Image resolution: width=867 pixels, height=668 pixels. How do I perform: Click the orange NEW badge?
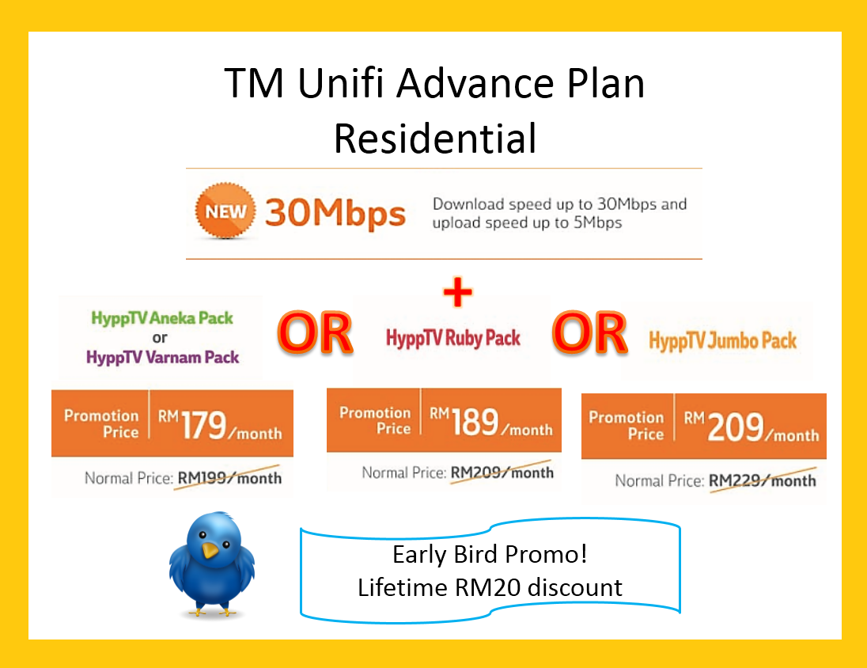coord(225,211)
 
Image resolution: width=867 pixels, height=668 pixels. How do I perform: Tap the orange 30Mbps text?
coord(335,214)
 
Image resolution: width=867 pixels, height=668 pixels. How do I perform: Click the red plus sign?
coord(458,291)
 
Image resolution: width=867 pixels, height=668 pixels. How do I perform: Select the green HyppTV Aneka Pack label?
coord(162,318)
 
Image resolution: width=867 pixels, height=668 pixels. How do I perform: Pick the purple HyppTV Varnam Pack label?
coord(163,358)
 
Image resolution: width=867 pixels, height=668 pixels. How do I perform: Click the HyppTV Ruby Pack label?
coord(452,338)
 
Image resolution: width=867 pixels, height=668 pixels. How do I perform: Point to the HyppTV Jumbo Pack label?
coord(723,341)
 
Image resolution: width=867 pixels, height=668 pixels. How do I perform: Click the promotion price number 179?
coord(203,425)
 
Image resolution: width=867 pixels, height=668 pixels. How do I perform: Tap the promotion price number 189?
coord(475,422)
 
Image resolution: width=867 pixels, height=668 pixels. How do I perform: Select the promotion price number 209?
coord(735,427)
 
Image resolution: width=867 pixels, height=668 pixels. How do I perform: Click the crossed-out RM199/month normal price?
coord(229,478)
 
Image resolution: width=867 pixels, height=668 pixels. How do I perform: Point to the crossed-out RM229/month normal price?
coord(763,480)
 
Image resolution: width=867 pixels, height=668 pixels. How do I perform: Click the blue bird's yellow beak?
coord(210,550)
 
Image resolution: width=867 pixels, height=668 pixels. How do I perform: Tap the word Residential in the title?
coord(435,139)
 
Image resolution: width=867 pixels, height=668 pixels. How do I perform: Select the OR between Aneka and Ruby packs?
coord(315,333)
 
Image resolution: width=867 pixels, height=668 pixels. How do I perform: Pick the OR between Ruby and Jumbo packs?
coord(589,333)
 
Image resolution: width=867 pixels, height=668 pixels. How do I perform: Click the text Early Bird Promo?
coord(490,555)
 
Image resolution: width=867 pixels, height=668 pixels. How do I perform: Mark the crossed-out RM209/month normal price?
coord(502,473)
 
